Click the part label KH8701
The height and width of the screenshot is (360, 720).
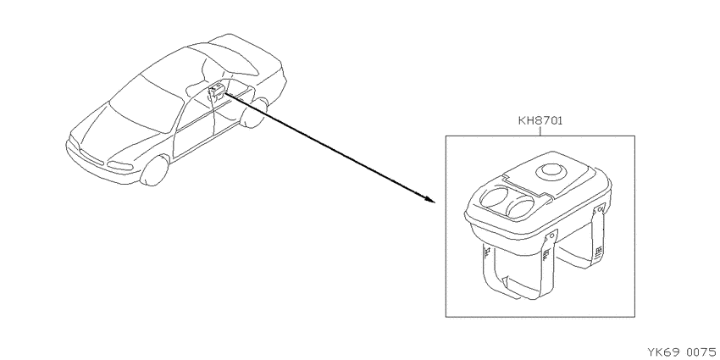tap(540, 121)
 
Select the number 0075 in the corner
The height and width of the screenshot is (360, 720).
tap(701, 352)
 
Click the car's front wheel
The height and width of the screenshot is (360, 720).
tap(155, 170)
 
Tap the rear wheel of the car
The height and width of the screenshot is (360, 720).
tap(255, 113)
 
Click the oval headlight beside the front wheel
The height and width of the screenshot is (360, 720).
tap(120, 166)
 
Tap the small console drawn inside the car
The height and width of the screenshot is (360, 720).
tap(216, 91)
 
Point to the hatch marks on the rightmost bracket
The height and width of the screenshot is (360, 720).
tap(598, 252)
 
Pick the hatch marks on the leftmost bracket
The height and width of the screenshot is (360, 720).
tap(489, 252)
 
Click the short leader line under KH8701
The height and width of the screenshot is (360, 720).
tap(540, 131)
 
